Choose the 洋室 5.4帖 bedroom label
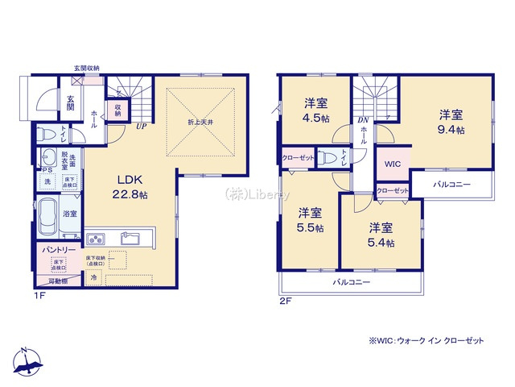381,234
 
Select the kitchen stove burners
96,238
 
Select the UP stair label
140,126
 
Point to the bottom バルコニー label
352,282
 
